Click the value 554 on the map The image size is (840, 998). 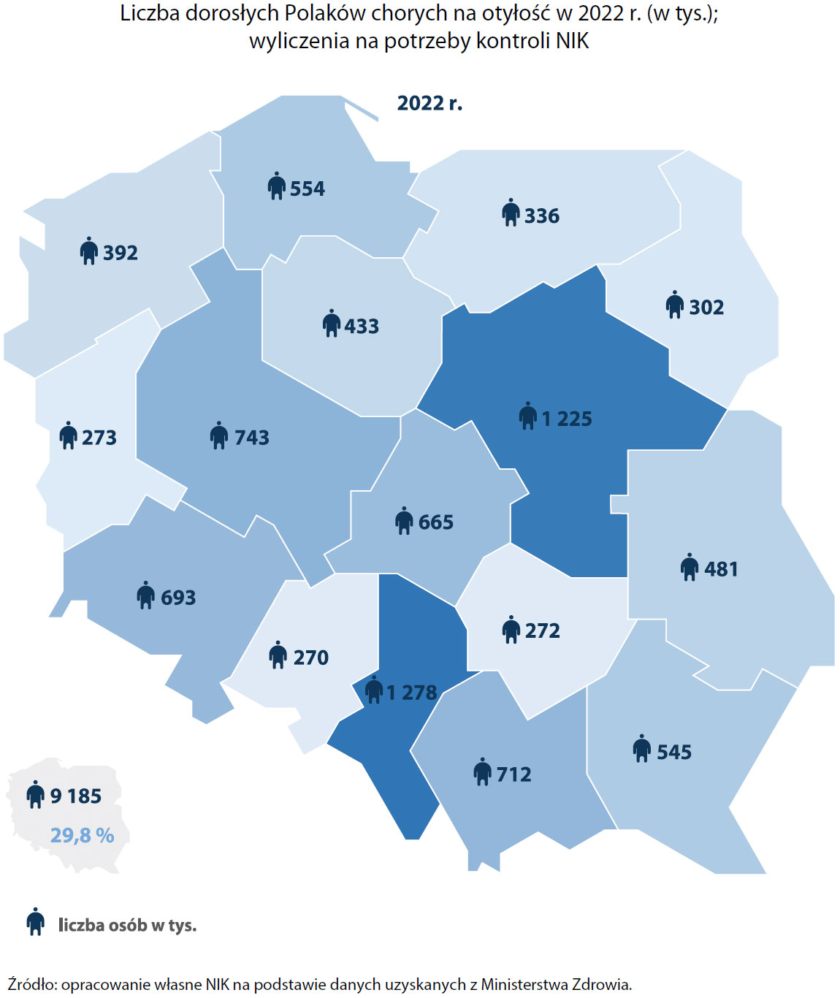click(x=307, y=188)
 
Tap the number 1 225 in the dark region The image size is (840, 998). click(x=567, y=419)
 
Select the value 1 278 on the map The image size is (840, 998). click(x=411, y=692)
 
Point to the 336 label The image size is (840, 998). click(x=541, y=216)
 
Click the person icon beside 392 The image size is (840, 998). click(x=88, y=251)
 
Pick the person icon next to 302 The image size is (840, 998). click(x=674, y=305)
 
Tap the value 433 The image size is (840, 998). click(x=362, y=326)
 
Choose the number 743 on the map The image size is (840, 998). click(x=251, y=437)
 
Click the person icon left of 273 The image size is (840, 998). click(x=68, y=435)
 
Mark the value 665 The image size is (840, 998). click(x=435, y=522)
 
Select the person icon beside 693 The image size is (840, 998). click(x=145, y=595)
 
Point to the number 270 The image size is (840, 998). click(x=310, y=657)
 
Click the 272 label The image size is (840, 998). click(x=542, y=631)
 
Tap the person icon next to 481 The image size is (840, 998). click(x=689, y=567)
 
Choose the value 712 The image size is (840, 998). click(x=513, y=774)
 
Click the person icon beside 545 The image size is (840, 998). click(x=641, y=749)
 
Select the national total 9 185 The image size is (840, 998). click(x=75, y=796)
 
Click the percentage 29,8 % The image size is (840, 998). click(x=82, y=835)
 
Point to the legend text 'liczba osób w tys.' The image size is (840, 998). click(x=127, y=925)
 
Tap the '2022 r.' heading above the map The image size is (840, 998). click(x=429, y=103)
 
